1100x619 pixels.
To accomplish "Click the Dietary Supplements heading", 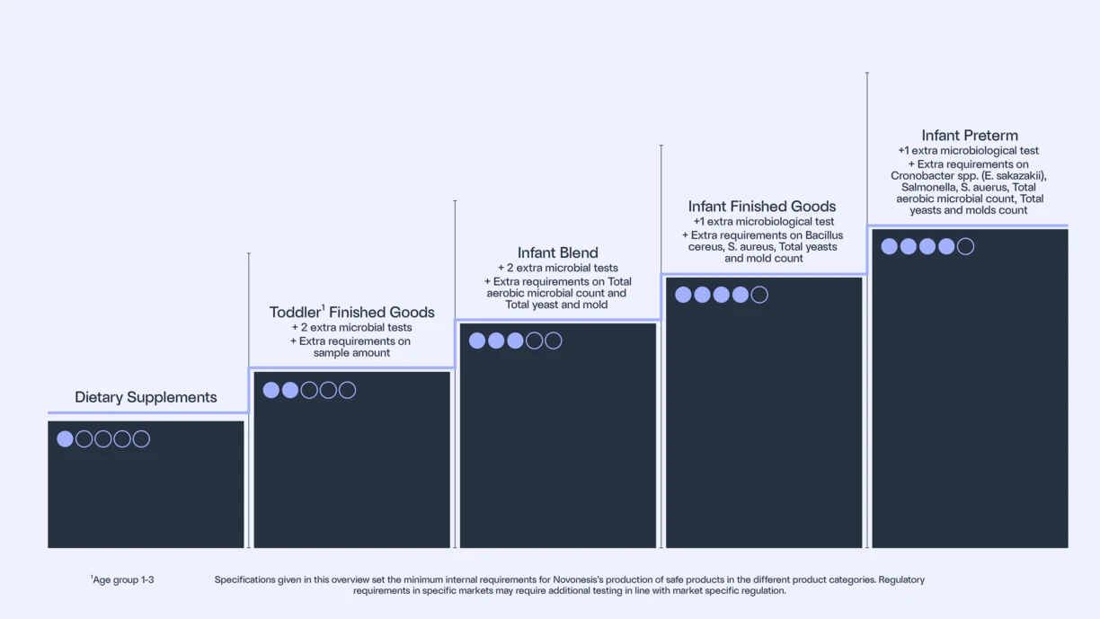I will click(x=146, y=397).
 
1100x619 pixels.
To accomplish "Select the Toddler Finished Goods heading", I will click(x=351, y=313).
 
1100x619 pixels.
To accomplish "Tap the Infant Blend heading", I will click(x=557, y=253).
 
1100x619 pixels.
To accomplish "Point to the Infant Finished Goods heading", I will click(x=761, y=207).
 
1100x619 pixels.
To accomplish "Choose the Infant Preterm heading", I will click(x=970, y=136).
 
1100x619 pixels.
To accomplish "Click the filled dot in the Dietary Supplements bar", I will click(x=65, y=439).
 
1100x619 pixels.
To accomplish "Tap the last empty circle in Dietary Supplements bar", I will click(x=141, y=439).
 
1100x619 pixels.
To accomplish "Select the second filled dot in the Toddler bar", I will click(x=290, y=390).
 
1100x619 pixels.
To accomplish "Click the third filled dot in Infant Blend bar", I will click(x=515, y=340).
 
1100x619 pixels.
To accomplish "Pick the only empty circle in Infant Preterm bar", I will click(x=965, y=246).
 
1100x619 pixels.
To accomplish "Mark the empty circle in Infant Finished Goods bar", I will click(x=759, y=295).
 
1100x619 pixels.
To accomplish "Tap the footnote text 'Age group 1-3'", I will click(x=123, y=580).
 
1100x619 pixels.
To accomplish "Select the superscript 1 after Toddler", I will click(x=324, y=307).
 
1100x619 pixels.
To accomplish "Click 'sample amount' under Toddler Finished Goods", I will click(x=351, y=353).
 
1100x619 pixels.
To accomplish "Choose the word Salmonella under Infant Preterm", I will click(x=928, y=188).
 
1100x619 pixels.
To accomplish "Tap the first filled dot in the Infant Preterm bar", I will click(x=890, y=246).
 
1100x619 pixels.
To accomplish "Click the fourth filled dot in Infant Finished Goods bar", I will click(x=741, y=295).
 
